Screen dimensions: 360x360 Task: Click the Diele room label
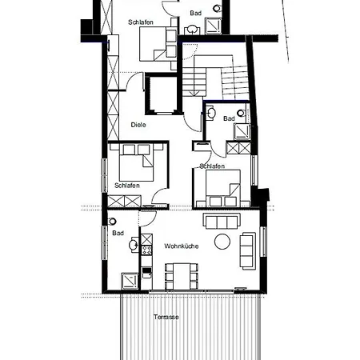tap(138, 125)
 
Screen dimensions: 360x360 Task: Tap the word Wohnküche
tap(182, 246)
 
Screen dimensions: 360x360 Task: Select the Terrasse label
tap(166, 317)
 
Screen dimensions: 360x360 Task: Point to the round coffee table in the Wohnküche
tap(222, 242)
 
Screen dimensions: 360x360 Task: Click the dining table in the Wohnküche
tap(182, 276)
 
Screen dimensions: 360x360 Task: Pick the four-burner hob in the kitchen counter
tap(146, 250)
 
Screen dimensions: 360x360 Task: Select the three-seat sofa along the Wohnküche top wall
tap(222, 221)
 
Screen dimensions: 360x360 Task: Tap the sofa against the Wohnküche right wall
tap(248, 251)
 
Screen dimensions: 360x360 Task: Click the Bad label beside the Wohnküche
tap(118, 234)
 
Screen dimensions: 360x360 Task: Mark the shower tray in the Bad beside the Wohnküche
tap(130, 281)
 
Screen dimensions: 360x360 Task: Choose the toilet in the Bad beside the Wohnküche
tap(112, 221)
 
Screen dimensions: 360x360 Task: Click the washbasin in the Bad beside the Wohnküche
tap(134, 244)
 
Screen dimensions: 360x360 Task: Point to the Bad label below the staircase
tap(229, 118)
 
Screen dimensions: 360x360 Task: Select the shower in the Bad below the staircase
tap(242, 131)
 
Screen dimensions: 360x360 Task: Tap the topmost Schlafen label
tap(141, 22)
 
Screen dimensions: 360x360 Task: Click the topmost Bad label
tap(196, 13)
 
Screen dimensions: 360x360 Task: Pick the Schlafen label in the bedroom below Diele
tap(127, 186)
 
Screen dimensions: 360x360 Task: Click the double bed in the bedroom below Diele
tap(137, 162)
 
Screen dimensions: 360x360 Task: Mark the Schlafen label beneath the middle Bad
tap(212, 166)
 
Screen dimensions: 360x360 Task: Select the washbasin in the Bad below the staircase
tap(210, 113)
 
